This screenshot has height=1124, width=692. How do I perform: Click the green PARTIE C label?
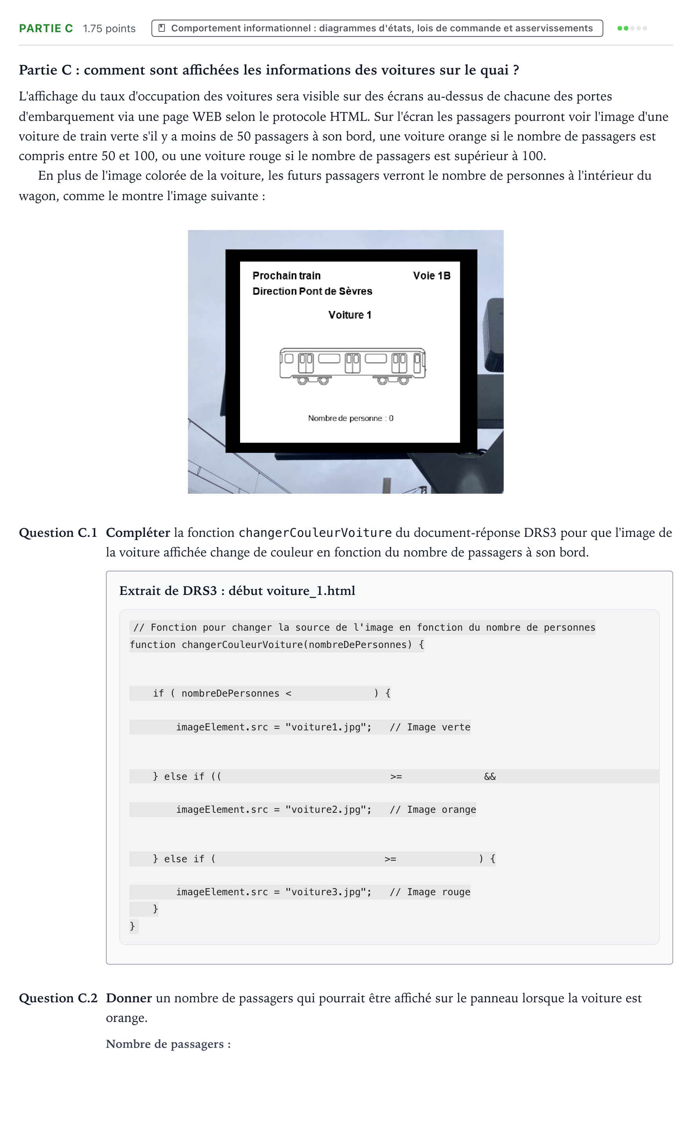point(46,28)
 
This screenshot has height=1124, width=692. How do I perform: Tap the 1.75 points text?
point(109,28)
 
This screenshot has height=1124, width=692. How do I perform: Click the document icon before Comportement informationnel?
point(162,28)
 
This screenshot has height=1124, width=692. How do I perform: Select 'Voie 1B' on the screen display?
point(432,276)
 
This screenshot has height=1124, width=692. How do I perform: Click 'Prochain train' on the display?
point(286,276)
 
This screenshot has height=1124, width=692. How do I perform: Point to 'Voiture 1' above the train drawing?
point(350,315)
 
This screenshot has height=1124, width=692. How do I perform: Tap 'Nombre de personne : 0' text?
point(351,418)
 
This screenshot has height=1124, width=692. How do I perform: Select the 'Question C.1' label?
point(58,533)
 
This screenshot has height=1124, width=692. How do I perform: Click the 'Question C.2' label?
point(58,998)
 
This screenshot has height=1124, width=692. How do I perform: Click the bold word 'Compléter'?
point(138,533)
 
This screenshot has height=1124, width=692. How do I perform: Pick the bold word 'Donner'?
point(129,998)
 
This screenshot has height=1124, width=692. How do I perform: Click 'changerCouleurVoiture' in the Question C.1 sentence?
point(315,533)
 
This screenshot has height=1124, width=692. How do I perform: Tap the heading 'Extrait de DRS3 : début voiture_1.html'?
point(237,591)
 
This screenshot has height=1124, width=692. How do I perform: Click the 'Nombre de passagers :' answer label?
point(168,1044)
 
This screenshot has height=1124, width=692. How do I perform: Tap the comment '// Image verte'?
point(430,727)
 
